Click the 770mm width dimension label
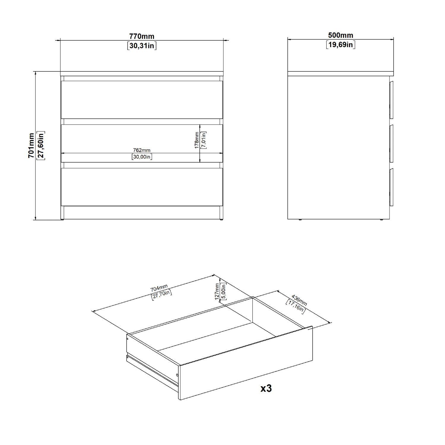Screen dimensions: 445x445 click(x=142, y=36)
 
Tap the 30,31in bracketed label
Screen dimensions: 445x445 click(x=142, y=46)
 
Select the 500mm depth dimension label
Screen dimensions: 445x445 click(x=341, y=35)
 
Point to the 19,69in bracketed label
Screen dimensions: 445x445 click(x=341, y=45)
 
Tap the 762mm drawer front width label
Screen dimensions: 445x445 click(x=142, y=150)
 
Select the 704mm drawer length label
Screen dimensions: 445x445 click(x=159, y=288)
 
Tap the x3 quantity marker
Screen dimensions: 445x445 click(x=266, y=389)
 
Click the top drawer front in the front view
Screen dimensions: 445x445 click(x=142, y=100)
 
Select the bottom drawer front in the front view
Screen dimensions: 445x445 click(x=142, y=187)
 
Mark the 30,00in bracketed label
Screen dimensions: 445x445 click(x=142, y=157)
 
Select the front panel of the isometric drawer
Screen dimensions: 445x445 click(x=246, y=363)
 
